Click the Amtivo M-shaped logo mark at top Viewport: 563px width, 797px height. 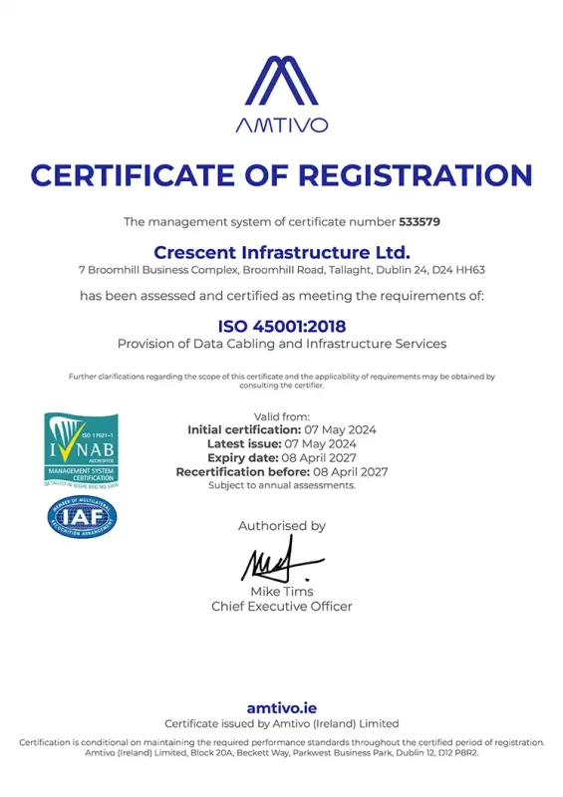[x=281, y=82]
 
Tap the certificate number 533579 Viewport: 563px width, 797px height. [x=420, y=220]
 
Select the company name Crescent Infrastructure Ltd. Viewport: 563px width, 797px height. [x=282, y=250]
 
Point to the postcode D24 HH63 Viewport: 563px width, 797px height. [x=461, y=270]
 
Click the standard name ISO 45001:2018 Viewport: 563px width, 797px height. [x=282, y=325]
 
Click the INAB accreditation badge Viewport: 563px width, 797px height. [x=81, y=449]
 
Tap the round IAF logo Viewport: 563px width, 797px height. [x=82, y=517]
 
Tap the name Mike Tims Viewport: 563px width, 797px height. [x=282, y=592]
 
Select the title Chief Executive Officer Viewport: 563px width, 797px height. [x=282, y=606]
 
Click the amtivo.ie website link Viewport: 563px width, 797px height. [x=281, y=707]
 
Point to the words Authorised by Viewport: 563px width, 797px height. [x=282, y=526]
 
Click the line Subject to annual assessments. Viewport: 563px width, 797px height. [x=282, y=485]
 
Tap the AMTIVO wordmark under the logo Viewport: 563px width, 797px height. [x=281, y=127]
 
